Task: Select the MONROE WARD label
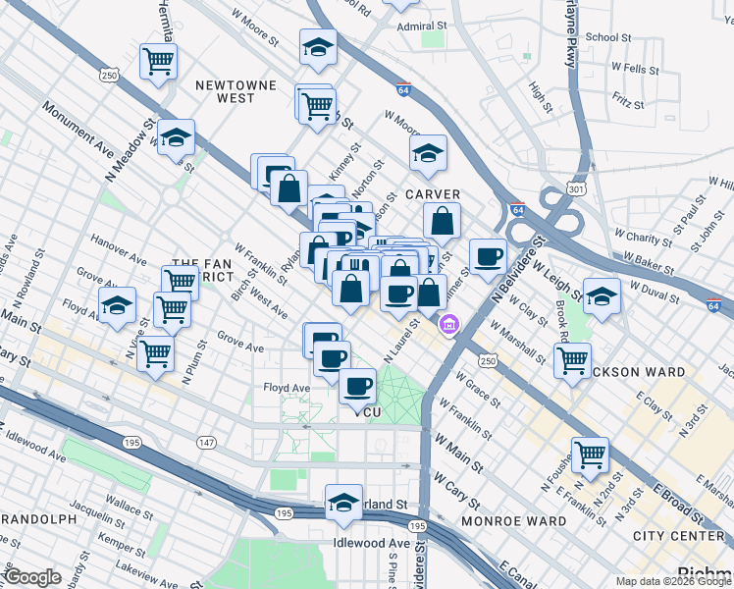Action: coord(513,520)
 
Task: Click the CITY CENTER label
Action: coord(678,536)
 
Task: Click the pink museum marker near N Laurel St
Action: coord(449,322)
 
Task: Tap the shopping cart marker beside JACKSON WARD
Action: coord(572,358)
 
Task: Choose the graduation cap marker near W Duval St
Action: coord(603,294)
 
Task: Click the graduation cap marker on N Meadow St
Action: coord(176,137)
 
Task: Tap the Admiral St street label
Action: coord(422,27)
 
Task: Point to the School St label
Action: coord(607,37)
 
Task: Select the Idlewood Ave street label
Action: coord(371,542)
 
